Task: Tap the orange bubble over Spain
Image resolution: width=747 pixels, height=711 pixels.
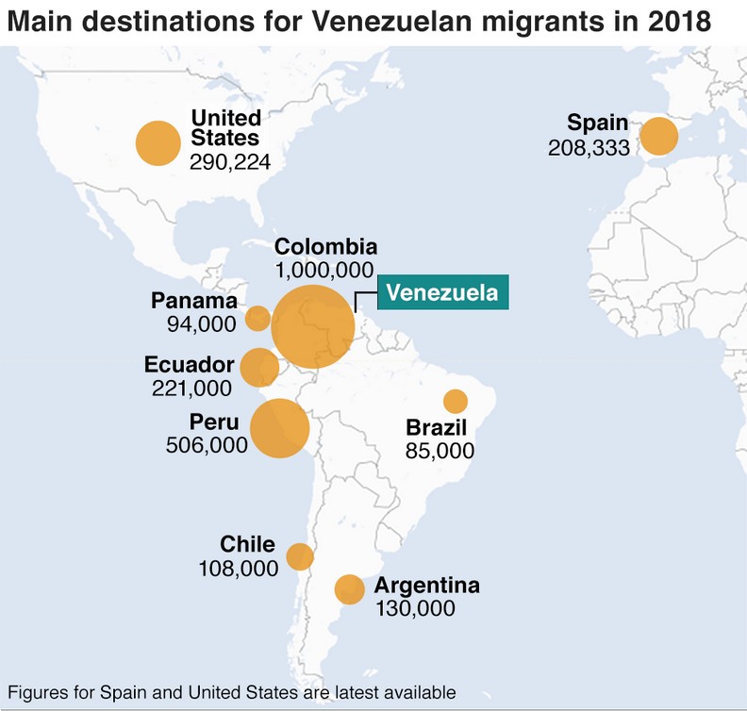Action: [x=659, y=136]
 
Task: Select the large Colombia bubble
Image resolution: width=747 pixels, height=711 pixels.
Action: [x=313, y=326]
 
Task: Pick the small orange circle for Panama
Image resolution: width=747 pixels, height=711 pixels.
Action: [x=257, y=318]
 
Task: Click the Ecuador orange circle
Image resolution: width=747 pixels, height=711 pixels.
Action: [x=259, y=367]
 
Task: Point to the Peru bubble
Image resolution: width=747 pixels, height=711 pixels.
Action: [x=279, y=428]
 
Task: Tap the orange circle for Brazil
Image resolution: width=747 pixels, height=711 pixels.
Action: [x=456, y=401]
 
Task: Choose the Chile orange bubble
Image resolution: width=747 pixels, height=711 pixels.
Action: [x=300, y=556]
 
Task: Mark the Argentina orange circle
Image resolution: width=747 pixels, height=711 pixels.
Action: [x=349, y=589]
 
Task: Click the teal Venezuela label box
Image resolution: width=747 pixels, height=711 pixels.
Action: [x=443, y=292]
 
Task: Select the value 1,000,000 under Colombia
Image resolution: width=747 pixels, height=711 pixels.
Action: [x=325, y=271]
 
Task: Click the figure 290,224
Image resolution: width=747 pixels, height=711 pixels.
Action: [x=230, y=162]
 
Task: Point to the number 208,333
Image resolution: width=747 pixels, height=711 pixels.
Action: [x=588, y=148]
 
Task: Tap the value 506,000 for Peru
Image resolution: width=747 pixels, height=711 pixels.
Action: [x=206, y=445]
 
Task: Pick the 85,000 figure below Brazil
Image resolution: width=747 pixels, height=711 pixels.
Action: [x=440, y=451]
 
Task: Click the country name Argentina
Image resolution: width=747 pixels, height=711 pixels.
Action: [x=427, y=586]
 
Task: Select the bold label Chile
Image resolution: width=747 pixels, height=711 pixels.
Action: [x=247, y=544]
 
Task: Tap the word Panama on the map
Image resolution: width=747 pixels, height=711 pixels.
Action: [x=193, y=301]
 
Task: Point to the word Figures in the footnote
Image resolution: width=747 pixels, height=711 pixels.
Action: [x=38, y=692]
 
